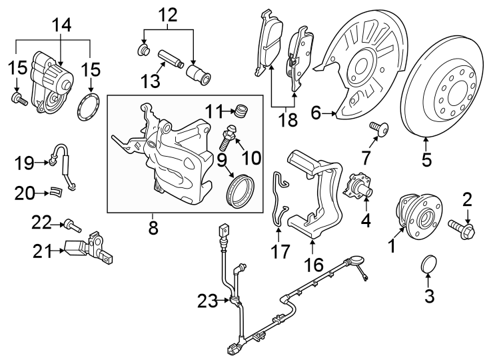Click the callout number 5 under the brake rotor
[426, 159]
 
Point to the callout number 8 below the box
[153, 228]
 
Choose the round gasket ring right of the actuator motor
[85, 108]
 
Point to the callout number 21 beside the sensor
[43, 251]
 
